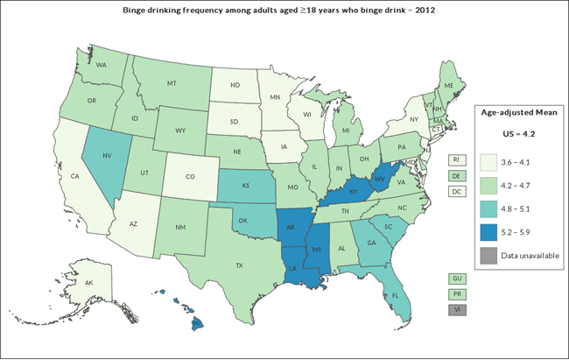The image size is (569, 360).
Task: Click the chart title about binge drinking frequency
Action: pyautogui.click(x=284, y=11)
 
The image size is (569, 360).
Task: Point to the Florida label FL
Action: pyautogui.click(x=396, y=295)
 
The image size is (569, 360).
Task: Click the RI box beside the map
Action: pyautogui.click(x=456, y=159)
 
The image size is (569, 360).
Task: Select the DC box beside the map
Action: pyautogui.click(x=456, y=191)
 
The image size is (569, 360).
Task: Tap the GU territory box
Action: pyautogui.click(x=456, y=279)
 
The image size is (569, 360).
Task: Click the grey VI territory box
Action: pyautogui.click(x=456, y=310)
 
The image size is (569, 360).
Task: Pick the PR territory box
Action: pyautogui.click(x=456, y=294)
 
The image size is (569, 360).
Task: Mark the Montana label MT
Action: pyautogui.click(x=172, y=82)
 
